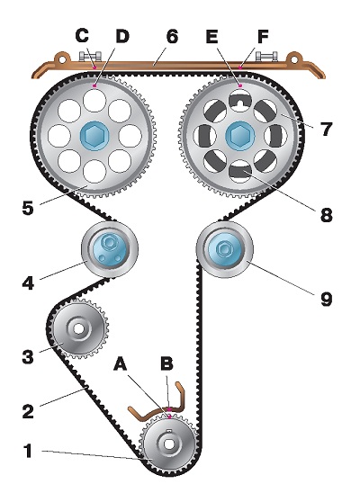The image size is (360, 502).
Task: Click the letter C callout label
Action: (82, 35)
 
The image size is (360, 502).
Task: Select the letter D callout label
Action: (122, 36)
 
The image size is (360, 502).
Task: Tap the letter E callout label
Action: (212, 36)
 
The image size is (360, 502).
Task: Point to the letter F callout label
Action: (263, 36)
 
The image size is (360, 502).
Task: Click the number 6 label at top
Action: (172, 36)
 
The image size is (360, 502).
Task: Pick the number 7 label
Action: (326, 129)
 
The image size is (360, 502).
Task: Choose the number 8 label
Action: (327, 214)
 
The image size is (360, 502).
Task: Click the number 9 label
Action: (327, 299)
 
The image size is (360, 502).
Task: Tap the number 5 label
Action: (28, 208)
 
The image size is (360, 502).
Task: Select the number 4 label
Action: (28, 283)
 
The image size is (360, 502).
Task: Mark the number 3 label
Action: (28, 356)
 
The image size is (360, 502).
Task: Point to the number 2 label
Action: (28, 411)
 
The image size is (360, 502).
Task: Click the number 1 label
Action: (28, 451)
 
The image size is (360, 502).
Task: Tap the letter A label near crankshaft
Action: (120, 364)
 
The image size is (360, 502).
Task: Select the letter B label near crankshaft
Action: (166, 363)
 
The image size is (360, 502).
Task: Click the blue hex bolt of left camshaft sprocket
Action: (94, 136)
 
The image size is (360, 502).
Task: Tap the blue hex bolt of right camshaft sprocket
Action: (239, 136)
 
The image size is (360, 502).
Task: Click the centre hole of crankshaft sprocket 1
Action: (169, 444)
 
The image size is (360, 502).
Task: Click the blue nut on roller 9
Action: (222, 249)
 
